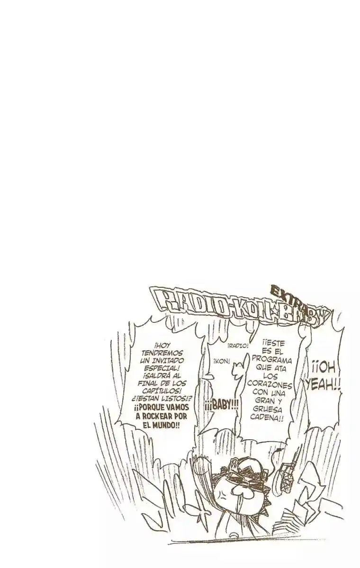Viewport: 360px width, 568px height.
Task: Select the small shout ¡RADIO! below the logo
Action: click(238, 346)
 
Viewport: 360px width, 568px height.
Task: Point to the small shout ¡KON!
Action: click(222, 361)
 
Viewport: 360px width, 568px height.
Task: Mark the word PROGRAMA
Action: click(272, 360)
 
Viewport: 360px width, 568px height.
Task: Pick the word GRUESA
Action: click(269, 410)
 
